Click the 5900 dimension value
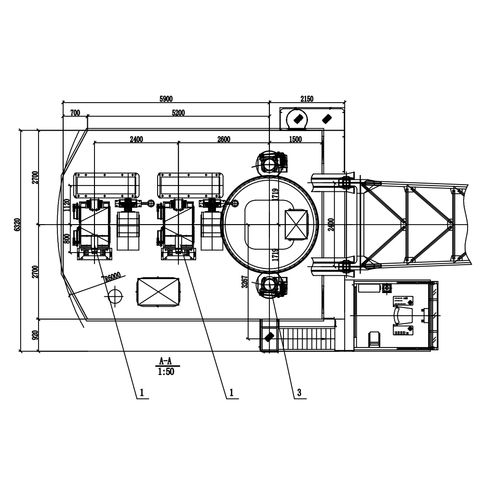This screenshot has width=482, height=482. pos(166,99)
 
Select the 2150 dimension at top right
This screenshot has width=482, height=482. pos(307,99)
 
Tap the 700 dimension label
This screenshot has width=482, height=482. pos(75,113)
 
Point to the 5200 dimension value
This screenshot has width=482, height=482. pos(178,113)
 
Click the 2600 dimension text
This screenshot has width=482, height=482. pos(224,140)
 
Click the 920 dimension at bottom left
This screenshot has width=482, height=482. pos(34,335)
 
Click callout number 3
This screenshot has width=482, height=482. pos(299,393)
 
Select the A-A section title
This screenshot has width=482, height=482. pos(165,361)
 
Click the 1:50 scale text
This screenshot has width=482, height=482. pos(165,372)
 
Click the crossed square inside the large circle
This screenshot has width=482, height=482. pos(296,225)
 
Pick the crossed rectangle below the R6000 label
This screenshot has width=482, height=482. pos(159,292)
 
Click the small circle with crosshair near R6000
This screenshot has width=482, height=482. pos(115,296)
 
